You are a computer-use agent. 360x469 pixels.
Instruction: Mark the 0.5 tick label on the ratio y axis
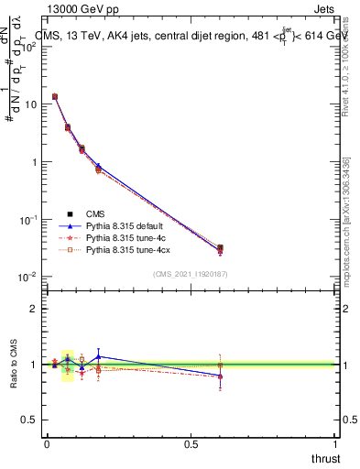pos(29,420)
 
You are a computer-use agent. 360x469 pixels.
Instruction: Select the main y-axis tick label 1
pos(34,162)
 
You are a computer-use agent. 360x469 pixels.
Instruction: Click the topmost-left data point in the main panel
pos(55,96)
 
